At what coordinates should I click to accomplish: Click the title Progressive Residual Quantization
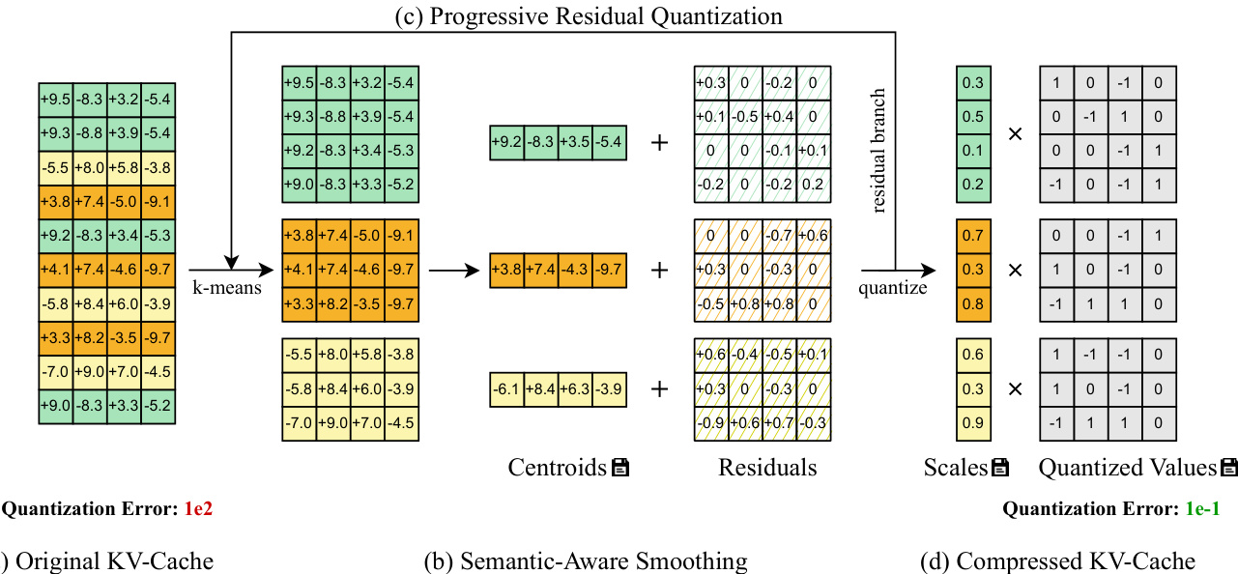pos(589,16)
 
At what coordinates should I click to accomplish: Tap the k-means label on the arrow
pos(227,286)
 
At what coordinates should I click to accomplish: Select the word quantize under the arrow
pos(893,287)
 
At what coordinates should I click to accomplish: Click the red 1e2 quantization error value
pos(197,509)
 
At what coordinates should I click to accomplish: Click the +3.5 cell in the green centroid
pos(576,143)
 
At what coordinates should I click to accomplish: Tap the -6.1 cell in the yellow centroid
pos(507,390)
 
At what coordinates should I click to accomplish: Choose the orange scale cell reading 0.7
pos(973,236)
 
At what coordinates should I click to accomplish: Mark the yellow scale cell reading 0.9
pos(973,422)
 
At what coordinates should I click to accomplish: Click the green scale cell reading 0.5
pos(973,116)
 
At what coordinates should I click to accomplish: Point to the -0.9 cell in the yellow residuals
pos(710,422)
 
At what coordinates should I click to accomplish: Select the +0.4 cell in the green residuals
pos(779,116)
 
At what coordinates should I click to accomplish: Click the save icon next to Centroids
pos(620,469)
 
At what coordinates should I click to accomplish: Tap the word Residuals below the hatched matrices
pos(767,469)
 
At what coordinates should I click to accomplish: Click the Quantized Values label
pos(1127,469)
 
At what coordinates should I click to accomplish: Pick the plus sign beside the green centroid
pos(660,143)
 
